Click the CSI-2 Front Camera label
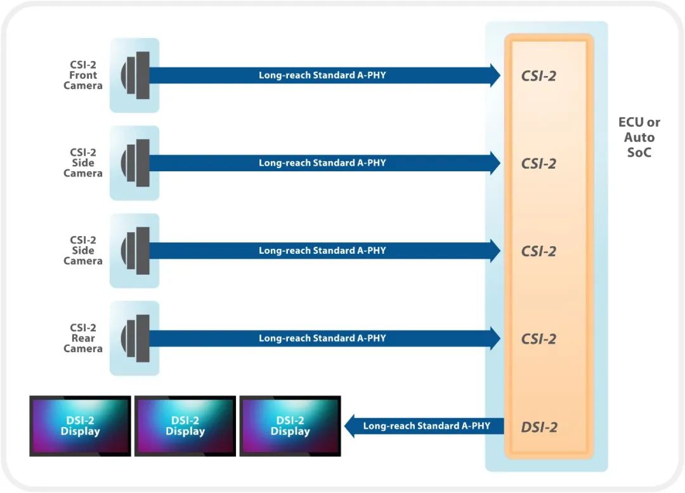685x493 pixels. [82, 75]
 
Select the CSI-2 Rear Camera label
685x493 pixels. [82, 338]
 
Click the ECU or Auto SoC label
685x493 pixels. [639, 137]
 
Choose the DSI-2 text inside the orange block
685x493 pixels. [538, 427]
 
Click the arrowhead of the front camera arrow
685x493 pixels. [495, 75]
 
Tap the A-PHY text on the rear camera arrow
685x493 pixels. [322, 338]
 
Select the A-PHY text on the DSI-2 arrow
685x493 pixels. [426, 426]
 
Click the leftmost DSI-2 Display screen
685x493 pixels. [80, 426]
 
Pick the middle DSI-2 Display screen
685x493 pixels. [185, 426]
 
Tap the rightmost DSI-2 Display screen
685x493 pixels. [290, 426]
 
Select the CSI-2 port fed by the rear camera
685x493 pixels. [538, 339]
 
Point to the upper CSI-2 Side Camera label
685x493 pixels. [82, 162]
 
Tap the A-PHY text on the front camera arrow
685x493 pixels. [322, 75]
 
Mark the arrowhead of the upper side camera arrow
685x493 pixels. [495, 162]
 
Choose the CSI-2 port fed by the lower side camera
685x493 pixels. [538, 251]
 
